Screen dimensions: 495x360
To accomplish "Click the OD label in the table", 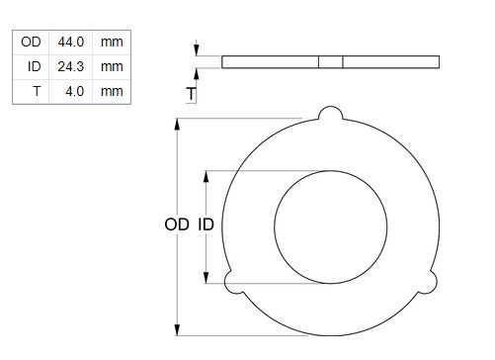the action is [x=31, y=42].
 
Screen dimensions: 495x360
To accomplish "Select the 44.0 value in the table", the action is [x=71, y=42].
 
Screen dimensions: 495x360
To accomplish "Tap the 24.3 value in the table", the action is [x=71, y=66].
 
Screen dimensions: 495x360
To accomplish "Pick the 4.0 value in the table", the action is [x=75, y=91].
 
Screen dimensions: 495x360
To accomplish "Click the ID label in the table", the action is [x=35, y=66].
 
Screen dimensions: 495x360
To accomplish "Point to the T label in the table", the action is [x=37, y=91].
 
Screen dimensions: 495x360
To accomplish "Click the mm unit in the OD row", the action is [x=112, y=43].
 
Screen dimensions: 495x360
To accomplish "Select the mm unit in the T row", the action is [x=112, y=92].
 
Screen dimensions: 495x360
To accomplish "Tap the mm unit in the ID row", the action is [x=112, y=67].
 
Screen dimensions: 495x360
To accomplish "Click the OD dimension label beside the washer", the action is [x=177, y=225].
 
